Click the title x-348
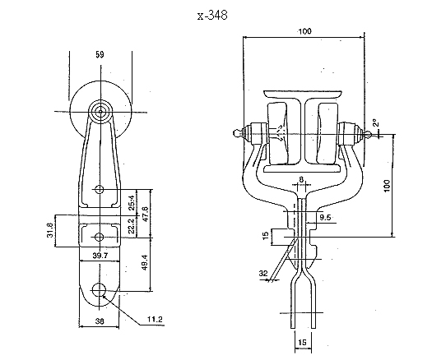(x=212, y=15)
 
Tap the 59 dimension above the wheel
(x=100, y=54)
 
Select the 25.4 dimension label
(x=132, y=203)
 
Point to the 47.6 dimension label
(x=145, y=214)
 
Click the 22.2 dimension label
(x=132, y=226)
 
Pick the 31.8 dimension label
(x=50, y=230)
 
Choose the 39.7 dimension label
(x=100, y=256)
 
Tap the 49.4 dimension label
(x=145, y=262)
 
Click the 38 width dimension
(x=100, y=321)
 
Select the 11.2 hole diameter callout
(x=155, y=319)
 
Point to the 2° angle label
(x=376, y=122)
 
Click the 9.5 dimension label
(x=325, y=218)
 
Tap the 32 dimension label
(x=263, y=274)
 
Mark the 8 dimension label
(x=301, y=180)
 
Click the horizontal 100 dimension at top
(x=304, y=31)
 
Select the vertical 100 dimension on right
(x=387, y=186)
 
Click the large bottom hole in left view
(x=99, y=289)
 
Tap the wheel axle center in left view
(x=100, y=112)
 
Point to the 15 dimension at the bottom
(x=302, y=343)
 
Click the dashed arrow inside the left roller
(x=278, y=133)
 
